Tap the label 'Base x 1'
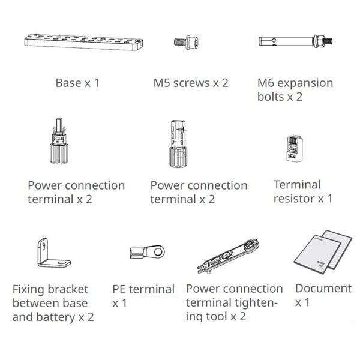(x=77, y=83)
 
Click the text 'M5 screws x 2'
(x=191, y=83)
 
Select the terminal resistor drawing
(x=292, y=148)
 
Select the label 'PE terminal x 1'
(x=143, y=296)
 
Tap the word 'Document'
(x=323, y=289)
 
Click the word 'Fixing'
(x=28, y=289)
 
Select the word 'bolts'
(x=272, y=97)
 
